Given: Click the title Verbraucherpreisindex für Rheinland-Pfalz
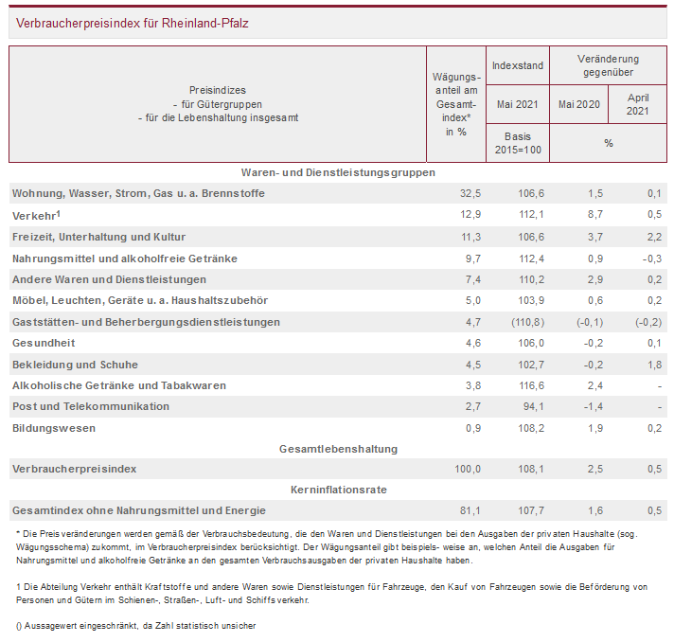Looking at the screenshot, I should coord(133,23).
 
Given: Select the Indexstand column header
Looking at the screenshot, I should coord(518,66).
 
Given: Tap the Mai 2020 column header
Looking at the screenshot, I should coord(580,103).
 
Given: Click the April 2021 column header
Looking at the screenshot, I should coord(637,103).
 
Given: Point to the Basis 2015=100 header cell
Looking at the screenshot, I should coord(518,143).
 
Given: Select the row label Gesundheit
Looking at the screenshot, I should coord(44,343).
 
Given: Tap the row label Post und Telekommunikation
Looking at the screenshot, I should coord(91,406).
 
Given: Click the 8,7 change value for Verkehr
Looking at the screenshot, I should coord(594,215).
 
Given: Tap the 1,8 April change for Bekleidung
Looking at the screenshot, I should coord(652,365).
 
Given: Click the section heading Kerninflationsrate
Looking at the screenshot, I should coord(338,490).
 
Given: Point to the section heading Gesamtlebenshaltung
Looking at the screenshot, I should coord(338,448).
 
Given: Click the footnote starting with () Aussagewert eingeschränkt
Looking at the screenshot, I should coord(136,625).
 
